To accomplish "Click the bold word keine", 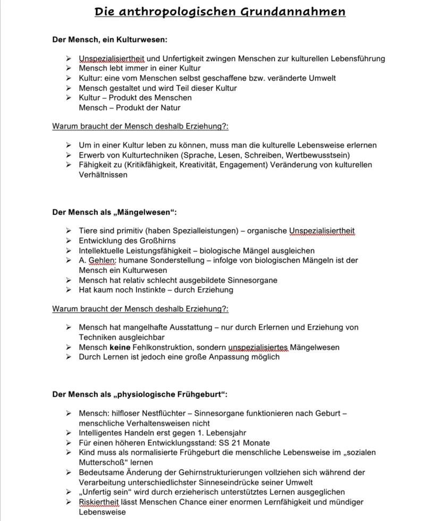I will pos(120,347).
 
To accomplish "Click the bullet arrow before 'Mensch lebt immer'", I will pos(68,68).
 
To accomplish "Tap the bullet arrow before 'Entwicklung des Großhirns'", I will pos(68,241).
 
